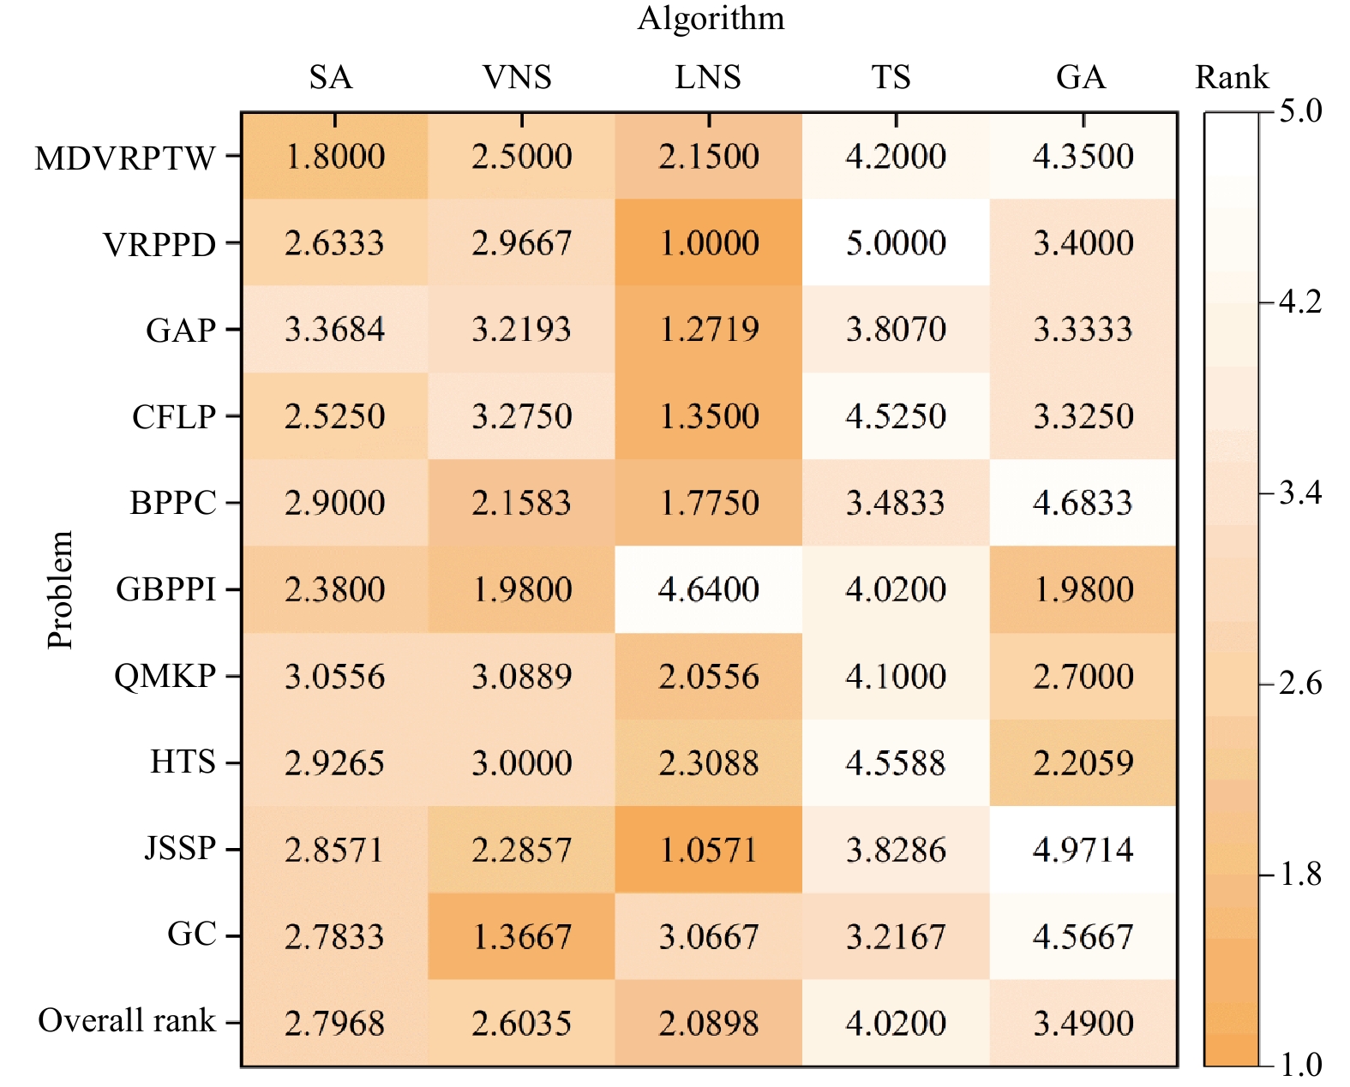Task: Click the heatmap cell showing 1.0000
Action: (x=708, y=242)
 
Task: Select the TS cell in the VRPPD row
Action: (x=896, y=242)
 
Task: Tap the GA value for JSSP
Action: (x=1083, y=850)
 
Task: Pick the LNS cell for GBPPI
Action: (x=708, y=589)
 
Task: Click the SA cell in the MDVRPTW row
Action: (x=334, y=156)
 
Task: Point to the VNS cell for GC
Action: (x=521, y=936)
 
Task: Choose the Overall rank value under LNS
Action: (x=708, y=1023)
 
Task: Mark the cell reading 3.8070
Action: (x=896, y=329)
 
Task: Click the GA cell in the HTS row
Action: (x=1083, y=763)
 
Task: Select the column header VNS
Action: (x=517, y=77)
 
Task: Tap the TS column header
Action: (x=891, y=77)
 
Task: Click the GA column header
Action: (x=1081, y=77)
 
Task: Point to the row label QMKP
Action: (x=165, y=677)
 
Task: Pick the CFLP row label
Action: (x=174, y=416)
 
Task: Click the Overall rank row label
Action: (x=127, y=1020)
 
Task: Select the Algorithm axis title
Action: (x=711, y=19)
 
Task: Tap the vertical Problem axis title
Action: (x=60, y=590)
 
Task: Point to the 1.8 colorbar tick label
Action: (x=1300, y=874)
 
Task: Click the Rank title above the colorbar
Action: (x=1232, y=77)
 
